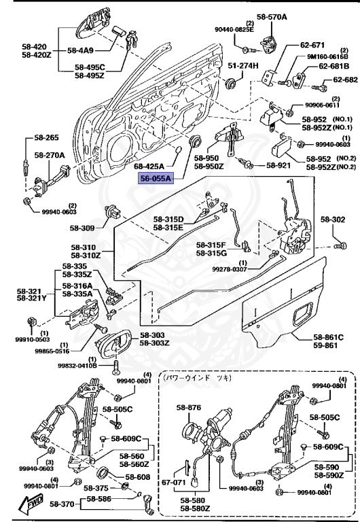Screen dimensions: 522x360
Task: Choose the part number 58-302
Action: pyautogui.click(x=334, y=220)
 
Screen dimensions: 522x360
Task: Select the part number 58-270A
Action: pyautogui.click(x=50, y=155)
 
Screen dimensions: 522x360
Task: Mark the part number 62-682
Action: pyautogui.click(x=345, y=80)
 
